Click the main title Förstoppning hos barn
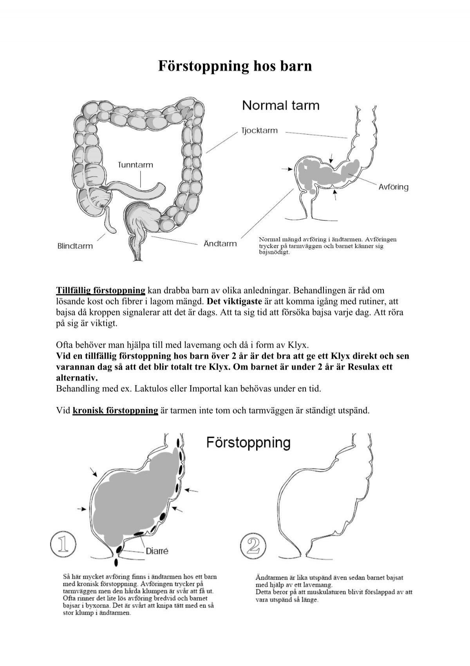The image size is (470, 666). click(x=235, y=66)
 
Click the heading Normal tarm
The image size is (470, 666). click(x=281, y=106)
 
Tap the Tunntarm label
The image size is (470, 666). click(x=136, y=165)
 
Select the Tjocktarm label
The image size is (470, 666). click(x=259, y=131)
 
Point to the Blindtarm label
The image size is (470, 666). click(x=75, y=246)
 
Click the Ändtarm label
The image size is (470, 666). click(x=220, y=244)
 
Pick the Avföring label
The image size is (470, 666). click(x=393, y=187)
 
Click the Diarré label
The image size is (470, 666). click(x=157, y=550)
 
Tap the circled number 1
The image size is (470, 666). click(x=63, y=545)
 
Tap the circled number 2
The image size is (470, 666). click(x=252, y=545)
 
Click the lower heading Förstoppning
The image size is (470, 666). click(x=248, y=443)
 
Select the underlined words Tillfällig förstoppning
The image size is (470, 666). click(x=101, y=291)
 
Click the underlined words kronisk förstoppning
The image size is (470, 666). click(x=115, y=411)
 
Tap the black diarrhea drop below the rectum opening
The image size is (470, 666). click(x=116, y=562)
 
